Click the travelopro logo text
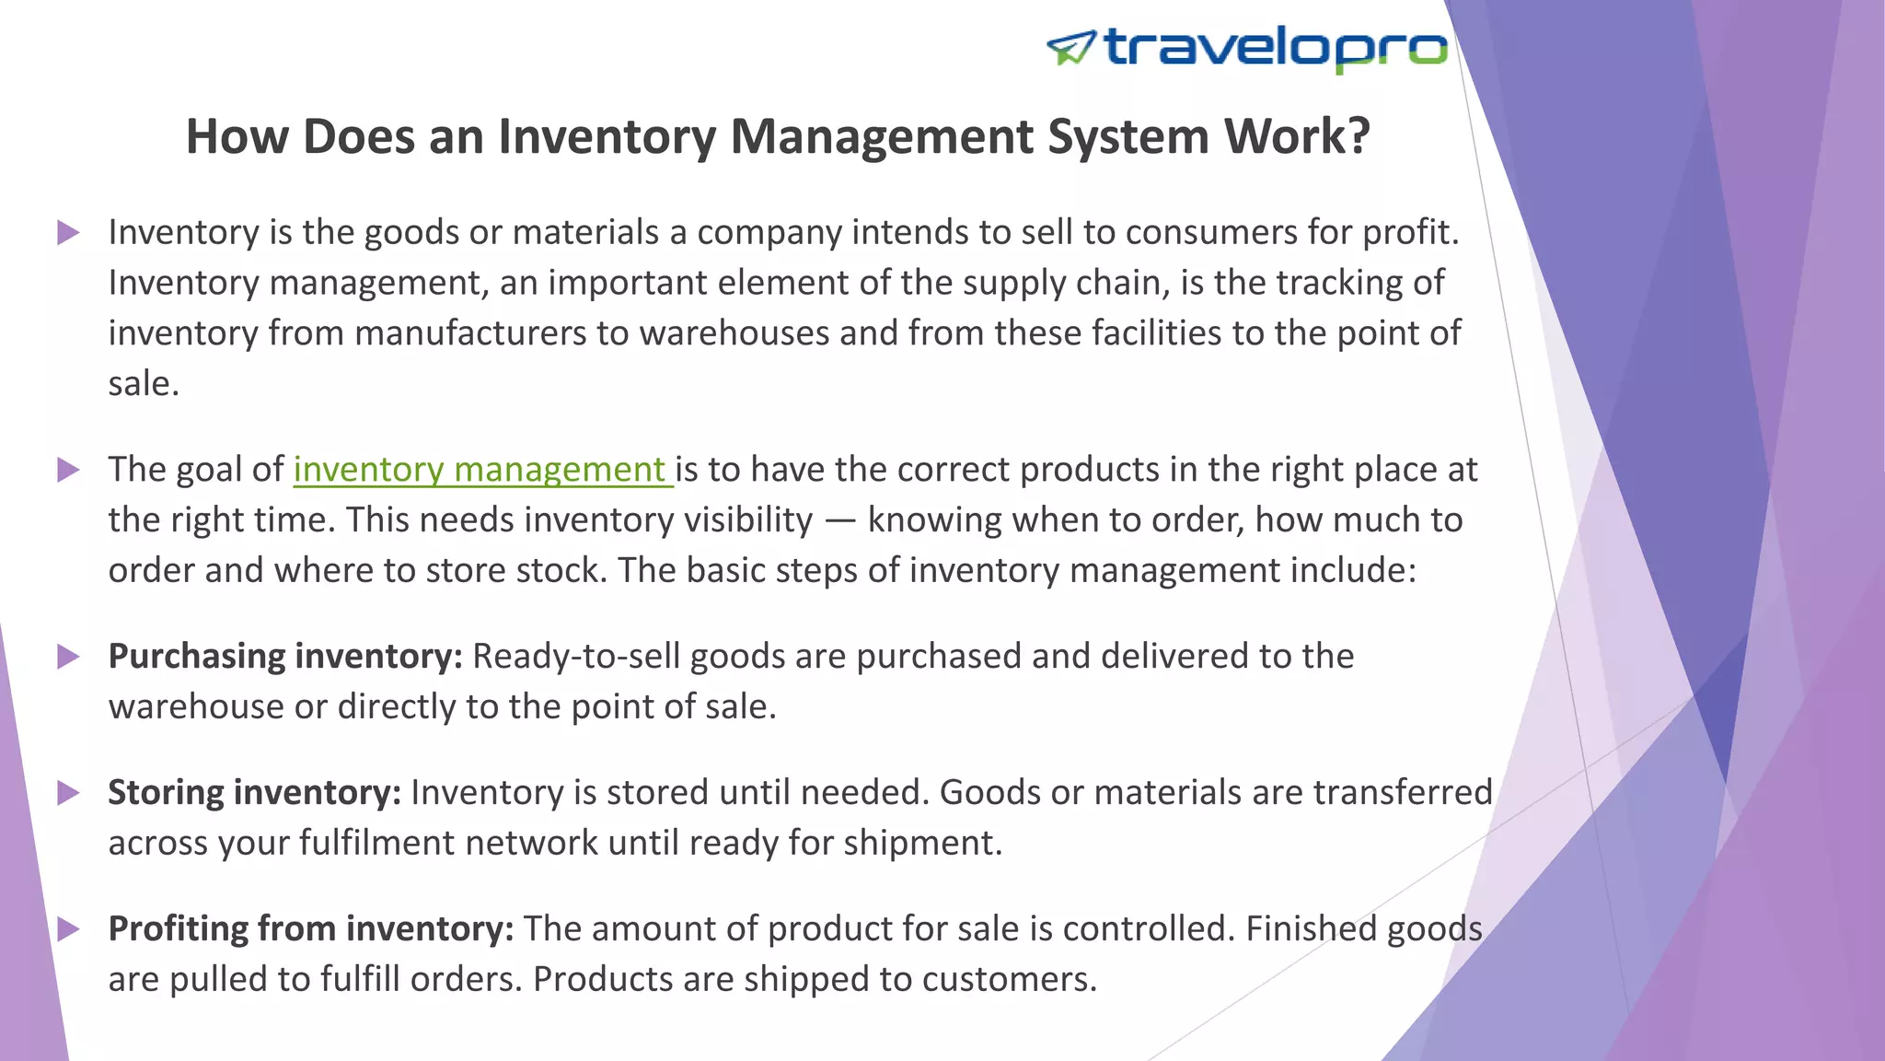[x=1276, y=48]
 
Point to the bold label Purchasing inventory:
[x=285, y=657]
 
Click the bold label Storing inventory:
[x=255, y=793]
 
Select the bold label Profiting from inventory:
[x=311, y=929]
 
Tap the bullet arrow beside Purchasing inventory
[x=68, y=657]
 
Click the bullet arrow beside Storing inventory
[x=68, y=793]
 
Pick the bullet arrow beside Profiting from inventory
[x=68, y=929]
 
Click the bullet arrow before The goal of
[x=68, y=470]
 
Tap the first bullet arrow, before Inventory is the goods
[x=68, y=232]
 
